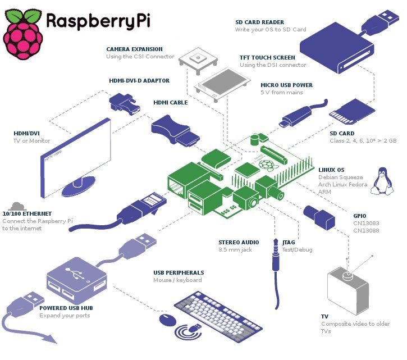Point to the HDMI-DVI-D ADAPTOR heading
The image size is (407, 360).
(x=139, y=81)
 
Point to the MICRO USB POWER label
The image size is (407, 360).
(x=286, y=85)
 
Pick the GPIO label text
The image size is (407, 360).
(x=360, y=215)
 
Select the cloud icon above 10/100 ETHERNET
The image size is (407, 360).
(x=17, y=205)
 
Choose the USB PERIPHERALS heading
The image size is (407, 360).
(x=179, y=273)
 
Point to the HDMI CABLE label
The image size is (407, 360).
(x=171, y=103)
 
